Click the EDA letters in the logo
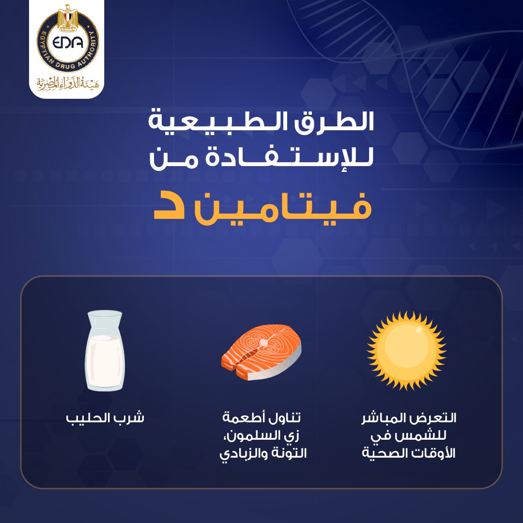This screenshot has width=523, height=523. pos(68,42)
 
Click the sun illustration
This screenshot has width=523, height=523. pos(407,351)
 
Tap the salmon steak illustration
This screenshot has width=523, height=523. pos(261,353)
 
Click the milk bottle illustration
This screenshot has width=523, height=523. pos(105,351)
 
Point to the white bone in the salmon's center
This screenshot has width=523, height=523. pos(264,342)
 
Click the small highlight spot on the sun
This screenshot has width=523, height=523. pos(419,330)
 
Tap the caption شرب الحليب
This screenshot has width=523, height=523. pos(105,418)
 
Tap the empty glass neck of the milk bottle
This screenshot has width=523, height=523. pos(105,322)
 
